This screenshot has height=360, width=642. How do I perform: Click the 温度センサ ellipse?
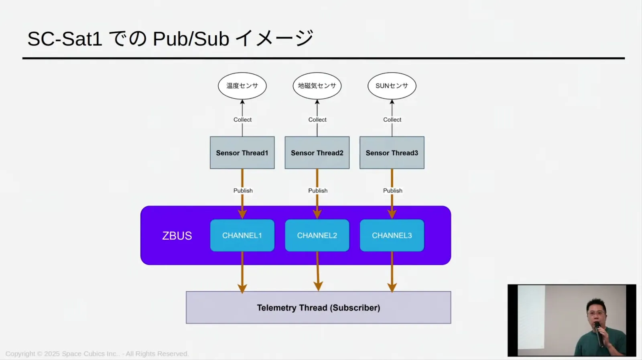tap(242, 86)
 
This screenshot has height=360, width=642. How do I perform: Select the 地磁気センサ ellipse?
tap(317, 86)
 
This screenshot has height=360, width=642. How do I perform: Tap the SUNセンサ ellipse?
tap(392, 86)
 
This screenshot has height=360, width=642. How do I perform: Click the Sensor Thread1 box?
tap(242, 153)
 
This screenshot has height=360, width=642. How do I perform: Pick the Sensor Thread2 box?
tap(317, 153)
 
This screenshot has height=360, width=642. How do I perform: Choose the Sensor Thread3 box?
tap(392, 153)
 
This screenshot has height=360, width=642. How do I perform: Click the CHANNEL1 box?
tap(242, 236)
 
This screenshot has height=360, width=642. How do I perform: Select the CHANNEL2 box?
tap(317, 236)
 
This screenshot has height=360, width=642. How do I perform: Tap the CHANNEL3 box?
tap(392, 236)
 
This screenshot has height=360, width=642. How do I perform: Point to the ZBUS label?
tap(177, 236)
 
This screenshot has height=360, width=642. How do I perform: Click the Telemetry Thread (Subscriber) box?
tap(318, 308)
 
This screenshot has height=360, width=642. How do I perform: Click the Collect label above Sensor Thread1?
tap(242, 120)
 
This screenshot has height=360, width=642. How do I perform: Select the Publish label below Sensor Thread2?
tap(318, 191)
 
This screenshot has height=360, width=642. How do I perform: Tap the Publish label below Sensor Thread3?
tap(392, 191)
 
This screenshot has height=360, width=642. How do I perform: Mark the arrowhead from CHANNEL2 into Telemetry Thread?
tap(318, 287)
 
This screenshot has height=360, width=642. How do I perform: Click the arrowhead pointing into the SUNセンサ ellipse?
tap(392, 102)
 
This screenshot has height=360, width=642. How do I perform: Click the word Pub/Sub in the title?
tap(191, 39)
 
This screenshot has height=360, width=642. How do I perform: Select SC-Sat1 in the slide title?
tap(65, 39)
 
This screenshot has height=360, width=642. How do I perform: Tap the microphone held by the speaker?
tap(598, 331)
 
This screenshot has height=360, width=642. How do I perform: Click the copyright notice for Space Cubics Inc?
tap(97, 354)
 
